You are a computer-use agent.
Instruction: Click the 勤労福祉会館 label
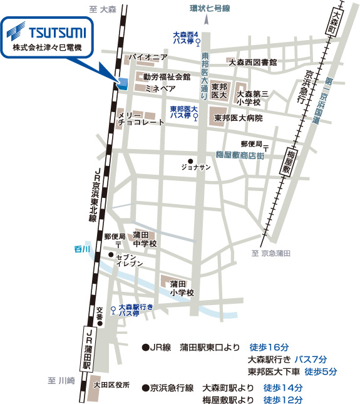[167, 77]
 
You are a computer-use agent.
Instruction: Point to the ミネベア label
[160, 90]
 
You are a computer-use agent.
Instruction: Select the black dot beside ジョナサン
[190, 160]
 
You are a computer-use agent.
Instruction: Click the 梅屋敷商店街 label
[239, 154]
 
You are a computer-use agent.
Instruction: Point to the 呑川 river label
[82, 249]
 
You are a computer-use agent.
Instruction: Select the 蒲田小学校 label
[182, 287]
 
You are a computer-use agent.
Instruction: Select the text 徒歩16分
[269, 346]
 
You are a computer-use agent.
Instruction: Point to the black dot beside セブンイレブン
[110, 254]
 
